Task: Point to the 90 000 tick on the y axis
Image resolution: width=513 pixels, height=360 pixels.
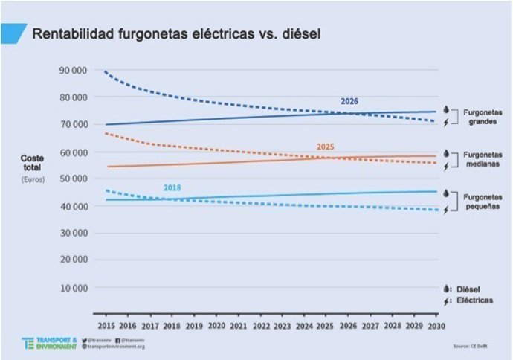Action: click(73, 71)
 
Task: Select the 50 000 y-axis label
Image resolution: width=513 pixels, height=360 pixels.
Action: click(73, 179)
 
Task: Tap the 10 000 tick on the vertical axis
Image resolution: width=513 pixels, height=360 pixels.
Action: click(73, 288)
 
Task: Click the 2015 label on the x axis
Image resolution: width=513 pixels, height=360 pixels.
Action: click(106, 325)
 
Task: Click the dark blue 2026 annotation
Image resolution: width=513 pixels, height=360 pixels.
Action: click(349, 101)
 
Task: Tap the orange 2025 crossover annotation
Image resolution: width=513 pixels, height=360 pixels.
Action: click(325, 147)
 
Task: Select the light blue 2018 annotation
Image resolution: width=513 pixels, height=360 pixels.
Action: click(172, 188)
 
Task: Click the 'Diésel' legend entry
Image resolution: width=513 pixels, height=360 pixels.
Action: click(468, 289)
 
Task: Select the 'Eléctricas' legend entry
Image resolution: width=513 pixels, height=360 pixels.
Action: click(473, 300)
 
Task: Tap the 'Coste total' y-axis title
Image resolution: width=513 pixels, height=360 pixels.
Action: click(33, 163)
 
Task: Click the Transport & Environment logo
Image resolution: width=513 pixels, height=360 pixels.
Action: click(49, 343)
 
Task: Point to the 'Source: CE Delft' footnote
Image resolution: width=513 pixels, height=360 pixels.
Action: click(470, 346)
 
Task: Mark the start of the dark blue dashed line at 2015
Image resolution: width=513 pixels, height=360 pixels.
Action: click(106, 71)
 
